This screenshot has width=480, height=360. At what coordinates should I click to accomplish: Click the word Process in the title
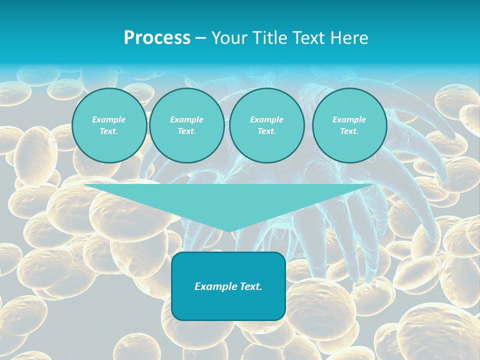coord(157,38)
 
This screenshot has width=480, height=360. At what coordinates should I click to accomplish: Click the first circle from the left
coord(109,125)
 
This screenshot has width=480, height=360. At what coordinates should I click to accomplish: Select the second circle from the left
coord(186,125)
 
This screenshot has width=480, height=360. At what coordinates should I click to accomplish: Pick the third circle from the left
coord(266,125)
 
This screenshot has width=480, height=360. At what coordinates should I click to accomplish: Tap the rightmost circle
coord(349,125)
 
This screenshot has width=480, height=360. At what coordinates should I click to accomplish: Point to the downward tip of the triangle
coord(228,231)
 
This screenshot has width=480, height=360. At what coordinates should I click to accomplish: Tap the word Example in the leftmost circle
coord(109,119)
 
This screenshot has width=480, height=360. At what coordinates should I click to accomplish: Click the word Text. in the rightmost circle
coord(349,131)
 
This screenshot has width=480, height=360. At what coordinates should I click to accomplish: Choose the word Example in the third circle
coord(266,119)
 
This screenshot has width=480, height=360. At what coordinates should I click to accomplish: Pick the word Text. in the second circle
coord(186,131)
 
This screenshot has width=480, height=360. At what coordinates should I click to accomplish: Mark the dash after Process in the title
coord(200,38)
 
